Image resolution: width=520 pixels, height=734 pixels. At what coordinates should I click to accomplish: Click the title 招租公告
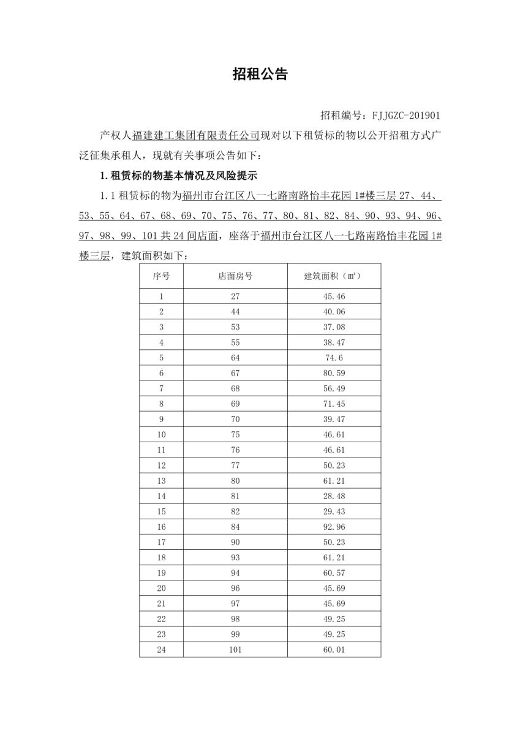[260, 75]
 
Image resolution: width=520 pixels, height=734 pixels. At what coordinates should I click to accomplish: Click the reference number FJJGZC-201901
[402, 114]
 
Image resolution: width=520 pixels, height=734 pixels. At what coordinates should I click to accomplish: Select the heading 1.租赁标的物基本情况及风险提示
[178, 176]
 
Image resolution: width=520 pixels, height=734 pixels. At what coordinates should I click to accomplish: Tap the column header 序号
[161, 276]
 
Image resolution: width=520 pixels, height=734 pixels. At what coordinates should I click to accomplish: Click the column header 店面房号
[235, 276]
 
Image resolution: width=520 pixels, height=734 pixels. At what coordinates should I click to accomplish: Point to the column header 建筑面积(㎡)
[334, 276]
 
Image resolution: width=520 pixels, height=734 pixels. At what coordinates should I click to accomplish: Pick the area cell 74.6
[334, 358]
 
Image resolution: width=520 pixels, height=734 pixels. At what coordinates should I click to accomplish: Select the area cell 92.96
[334, 526]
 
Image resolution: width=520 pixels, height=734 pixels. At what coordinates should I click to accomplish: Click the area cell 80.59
[334, 373]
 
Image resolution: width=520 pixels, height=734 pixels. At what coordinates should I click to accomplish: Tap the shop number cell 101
[235, 650]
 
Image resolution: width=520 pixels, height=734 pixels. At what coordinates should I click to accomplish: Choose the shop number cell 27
[235, 296]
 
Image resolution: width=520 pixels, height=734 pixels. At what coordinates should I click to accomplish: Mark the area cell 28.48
[334, 495]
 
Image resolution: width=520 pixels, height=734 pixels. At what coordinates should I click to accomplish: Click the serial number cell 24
[161, 650]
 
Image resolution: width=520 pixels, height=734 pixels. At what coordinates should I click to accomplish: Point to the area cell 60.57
[334, 573]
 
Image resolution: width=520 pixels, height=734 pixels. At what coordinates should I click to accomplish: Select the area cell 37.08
[334, 327]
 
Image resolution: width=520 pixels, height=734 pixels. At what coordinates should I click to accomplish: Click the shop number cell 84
[235, 526]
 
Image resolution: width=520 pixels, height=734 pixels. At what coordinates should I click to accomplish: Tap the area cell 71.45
[334, 404]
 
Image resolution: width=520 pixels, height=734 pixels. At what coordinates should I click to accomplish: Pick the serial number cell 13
[161, 480]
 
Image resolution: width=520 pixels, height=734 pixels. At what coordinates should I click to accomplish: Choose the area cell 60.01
[334, 650]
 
